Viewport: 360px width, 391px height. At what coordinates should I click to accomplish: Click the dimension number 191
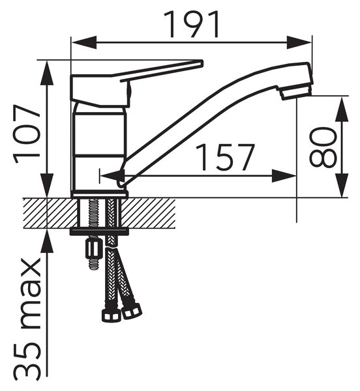[x=191, y=24]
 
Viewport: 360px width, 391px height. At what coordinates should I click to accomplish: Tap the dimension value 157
[x=225, y=157]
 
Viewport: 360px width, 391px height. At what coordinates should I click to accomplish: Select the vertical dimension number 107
[x=27, y=134]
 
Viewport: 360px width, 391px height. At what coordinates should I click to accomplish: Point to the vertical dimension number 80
[x=323, y=147]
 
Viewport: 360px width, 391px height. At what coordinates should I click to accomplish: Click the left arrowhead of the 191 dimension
[x=84, y=42]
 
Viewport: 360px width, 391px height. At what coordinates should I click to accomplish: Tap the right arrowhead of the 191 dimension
[x=299, y=42]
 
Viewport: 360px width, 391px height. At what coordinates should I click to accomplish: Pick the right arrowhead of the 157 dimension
[x=284, y=176]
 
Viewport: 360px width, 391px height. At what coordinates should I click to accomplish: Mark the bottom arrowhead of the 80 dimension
[x=342, y=185]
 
